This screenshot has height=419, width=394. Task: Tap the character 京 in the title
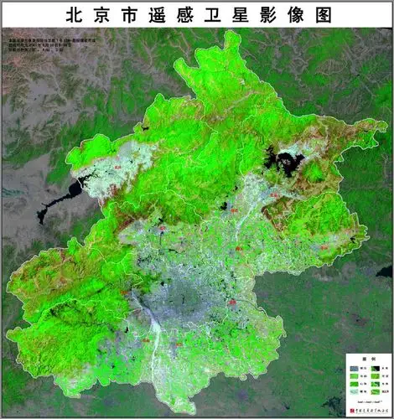101,14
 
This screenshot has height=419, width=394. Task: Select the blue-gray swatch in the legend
354,369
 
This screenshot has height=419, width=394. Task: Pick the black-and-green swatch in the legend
376,369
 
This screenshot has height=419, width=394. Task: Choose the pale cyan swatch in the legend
354,391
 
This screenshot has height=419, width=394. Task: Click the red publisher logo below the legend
352,411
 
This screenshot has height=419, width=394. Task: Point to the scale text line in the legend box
369,402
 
